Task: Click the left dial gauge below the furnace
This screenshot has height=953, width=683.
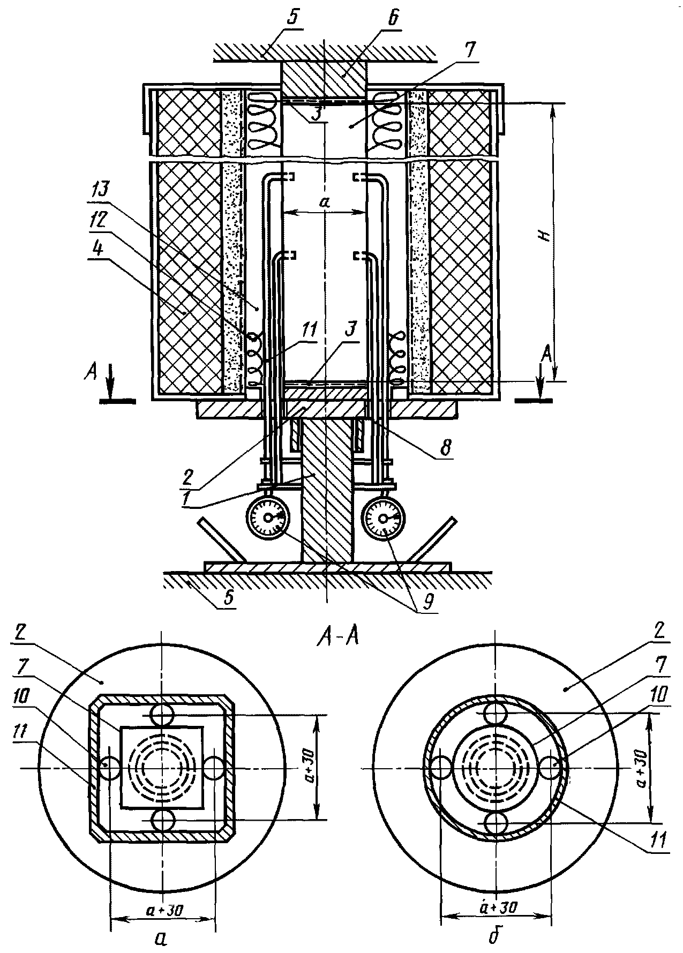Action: (267, 519)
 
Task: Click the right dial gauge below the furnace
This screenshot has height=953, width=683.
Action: (384, 519)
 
